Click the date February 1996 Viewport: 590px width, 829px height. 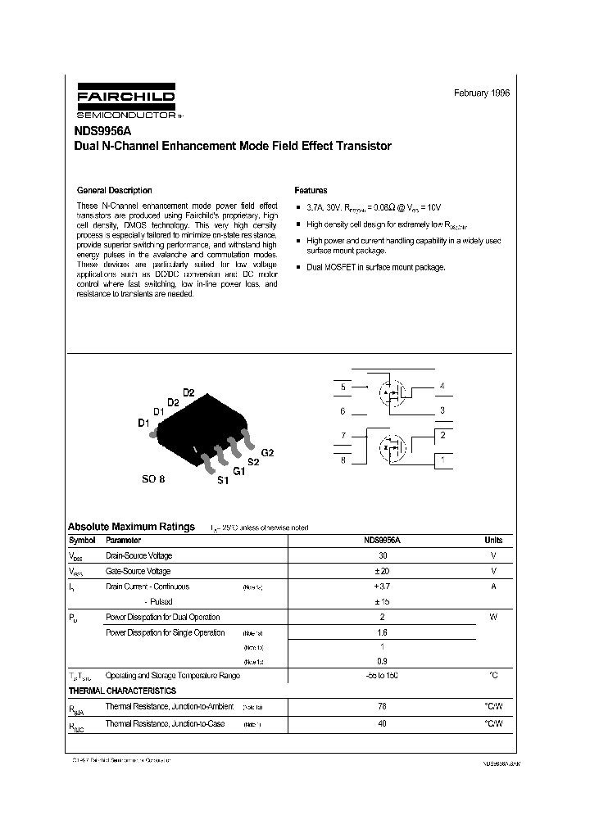tap(482, 93)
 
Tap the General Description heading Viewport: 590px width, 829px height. tap(114, 190)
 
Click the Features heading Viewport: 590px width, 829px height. tap(311, 190)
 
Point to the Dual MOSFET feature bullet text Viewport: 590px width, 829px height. tap(375, 267)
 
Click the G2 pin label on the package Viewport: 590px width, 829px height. tap(267, 453)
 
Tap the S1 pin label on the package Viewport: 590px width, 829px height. tap(222, 481)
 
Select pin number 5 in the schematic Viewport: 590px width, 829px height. tap(343, 386)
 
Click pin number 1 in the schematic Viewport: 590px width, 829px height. tap(442, 460)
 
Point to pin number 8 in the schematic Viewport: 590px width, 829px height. tap(343, 460)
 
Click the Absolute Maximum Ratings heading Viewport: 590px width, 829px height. tap(131, 527)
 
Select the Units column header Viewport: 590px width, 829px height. tap(493, 541)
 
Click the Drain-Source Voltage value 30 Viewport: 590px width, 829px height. tap(382, 556)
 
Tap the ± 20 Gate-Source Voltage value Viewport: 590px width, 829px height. tap(382, 571)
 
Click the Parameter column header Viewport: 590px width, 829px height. tap(123, 541)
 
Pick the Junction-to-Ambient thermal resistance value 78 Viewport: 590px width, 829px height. tap(382, 706)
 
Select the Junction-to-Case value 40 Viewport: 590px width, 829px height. tap(382, 723)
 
